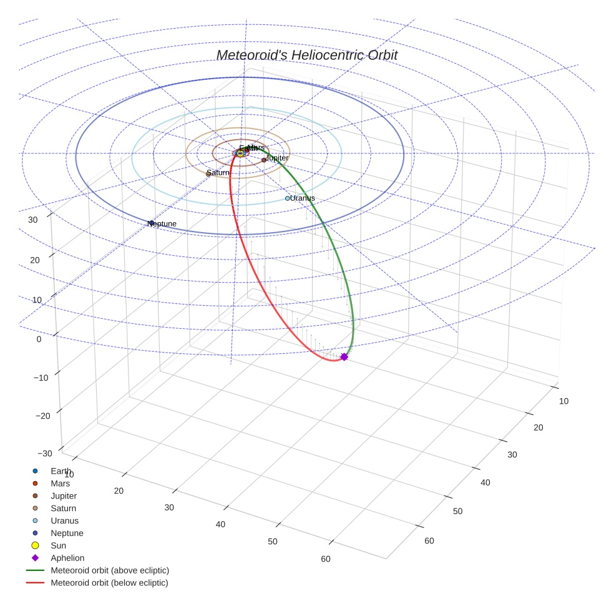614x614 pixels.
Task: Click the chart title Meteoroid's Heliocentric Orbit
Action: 306,56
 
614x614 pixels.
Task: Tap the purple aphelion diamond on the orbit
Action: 344,357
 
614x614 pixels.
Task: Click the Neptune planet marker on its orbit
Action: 151,223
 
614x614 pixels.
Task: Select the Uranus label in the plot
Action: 303,198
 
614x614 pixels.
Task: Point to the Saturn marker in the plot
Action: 208,173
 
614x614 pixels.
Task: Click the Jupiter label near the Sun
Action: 277,158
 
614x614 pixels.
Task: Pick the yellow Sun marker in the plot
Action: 240,153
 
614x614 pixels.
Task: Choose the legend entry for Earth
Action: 61,471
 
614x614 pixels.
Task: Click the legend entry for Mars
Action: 60,484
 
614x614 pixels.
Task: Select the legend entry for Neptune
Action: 67,534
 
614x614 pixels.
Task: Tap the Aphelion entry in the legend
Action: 67,558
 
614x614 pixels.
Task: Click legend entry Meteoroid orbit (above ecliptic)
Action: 110,571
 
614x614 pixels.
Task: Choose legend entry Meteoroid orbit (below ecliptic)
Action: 109,583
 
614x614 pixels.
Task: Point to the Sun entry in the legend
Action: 58,546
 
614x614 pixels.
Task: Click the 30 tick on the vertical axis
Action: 34,220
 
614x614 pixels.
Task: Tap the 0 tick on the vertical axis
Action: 39,339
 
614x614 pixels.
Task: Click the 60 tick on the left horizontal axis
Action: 325,559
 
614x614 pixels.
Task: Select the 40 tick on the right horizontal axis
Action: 485,482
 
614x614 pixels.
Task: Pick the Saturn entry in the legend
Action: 63,509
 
